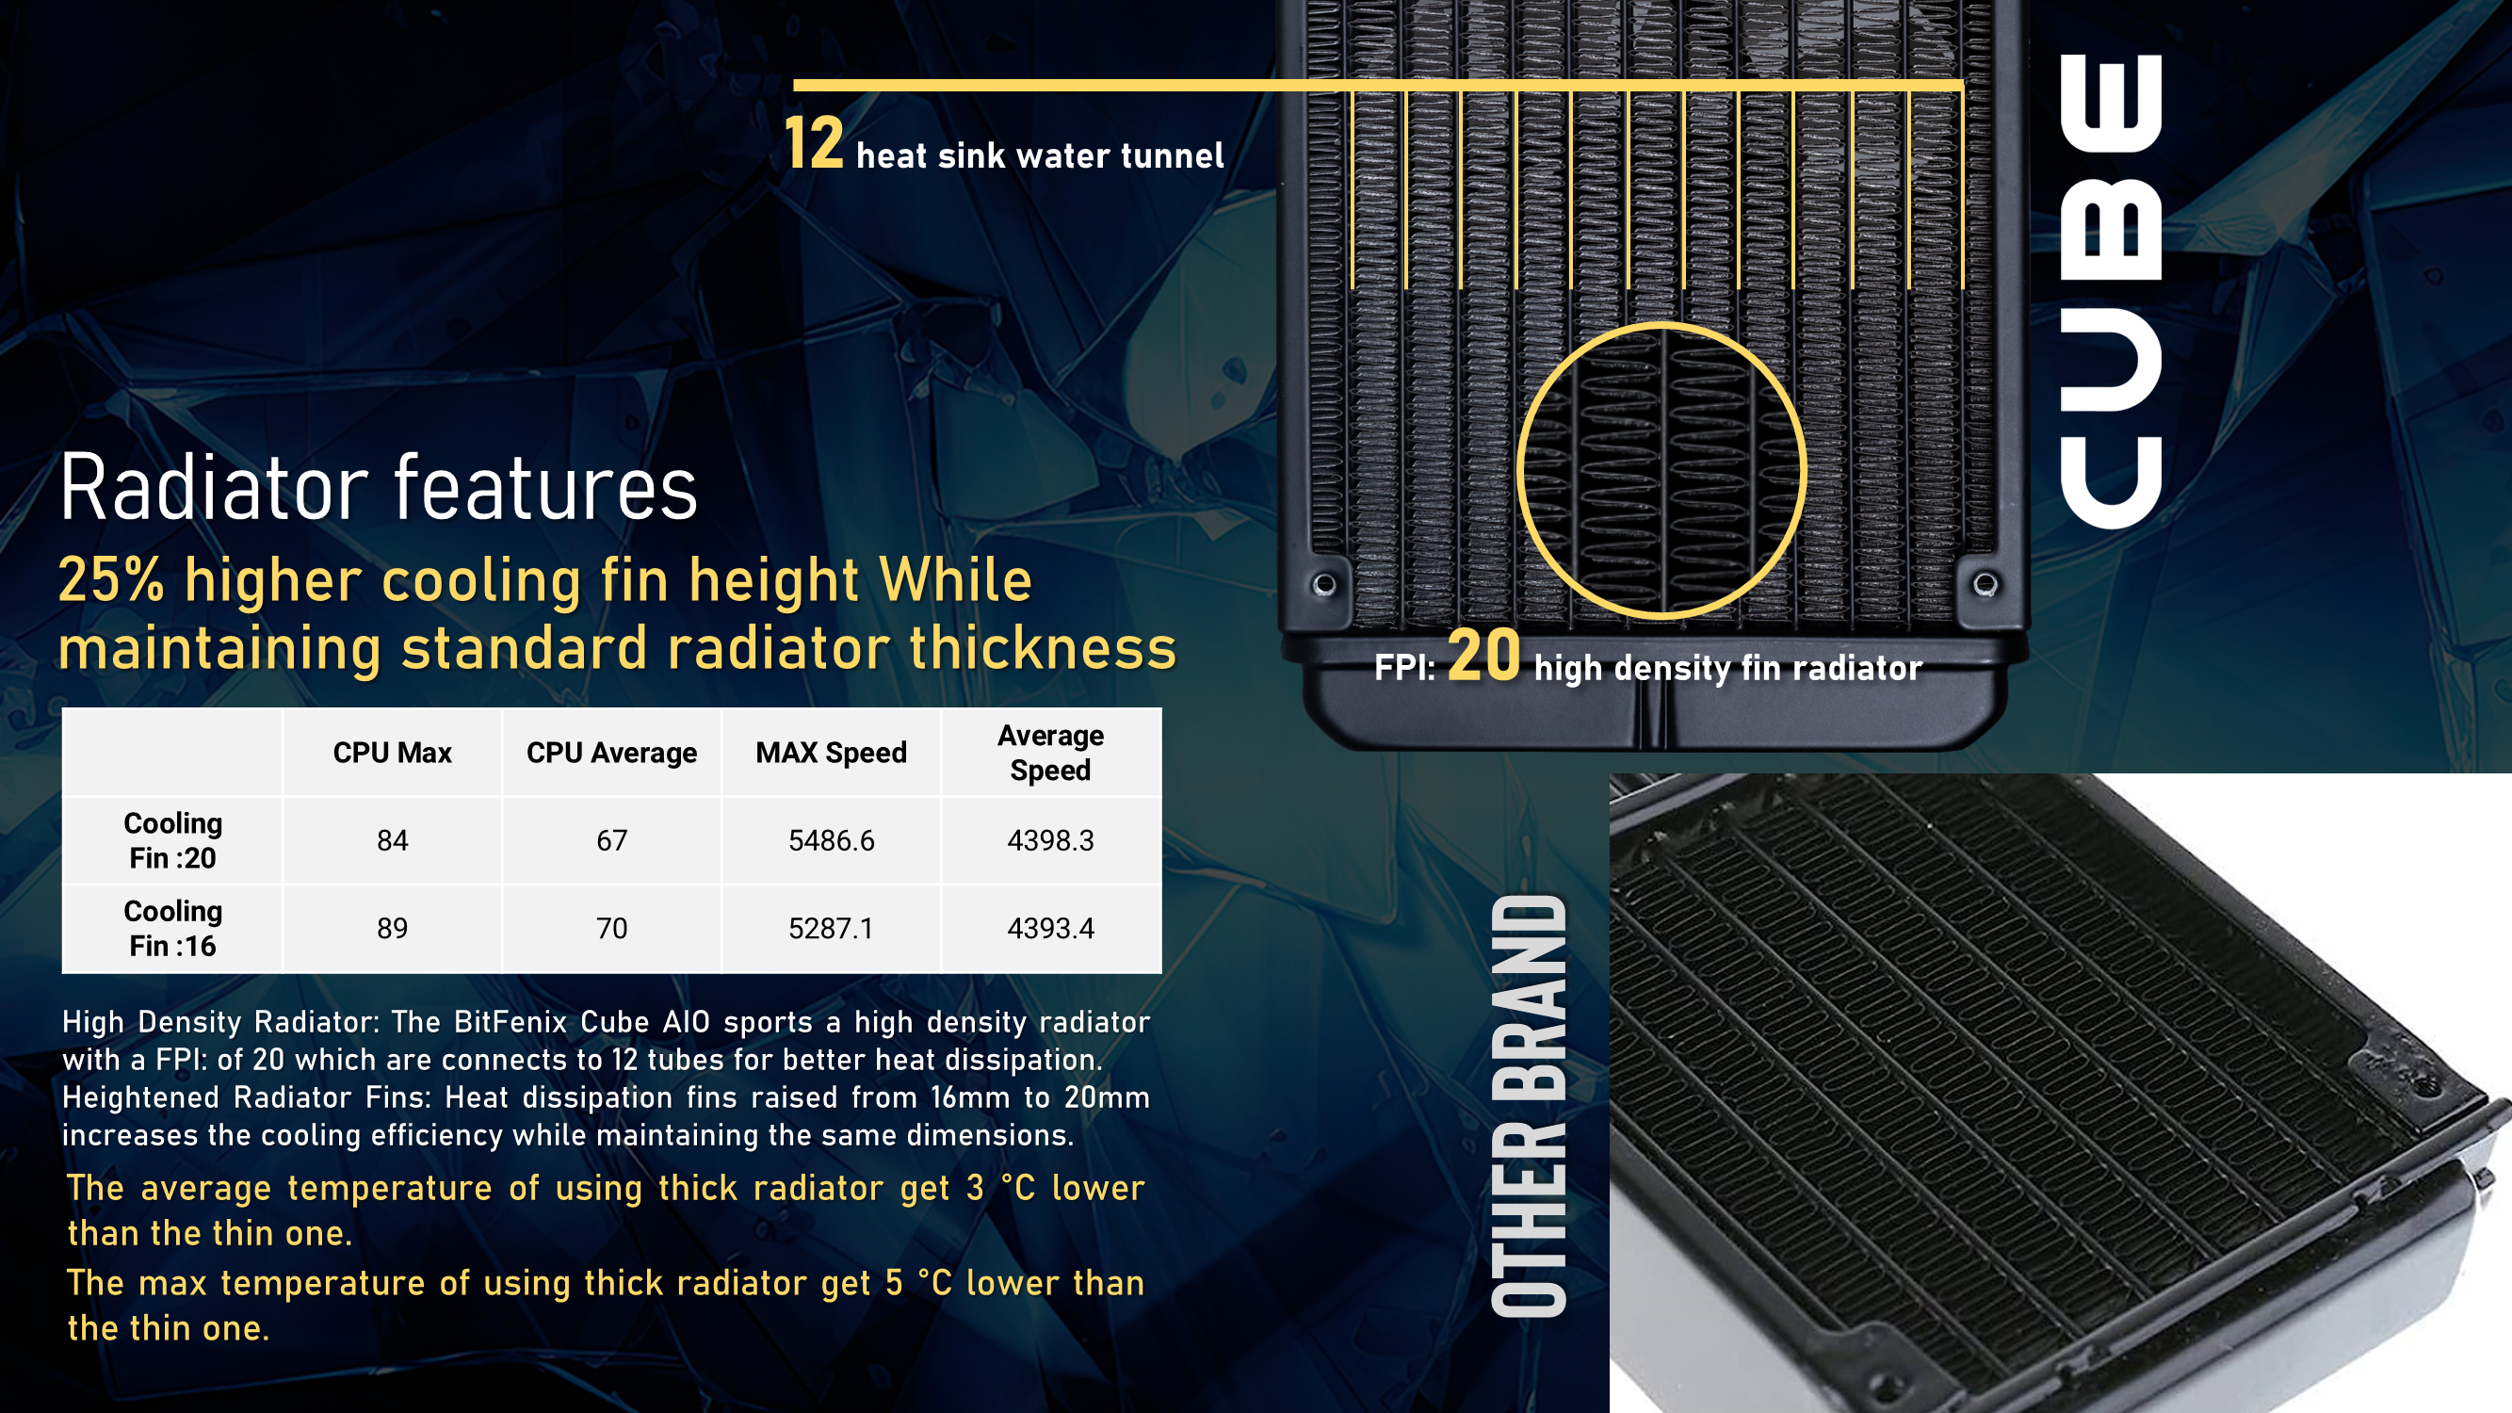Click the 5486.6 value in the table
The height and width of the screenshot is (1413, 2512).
(831, 840)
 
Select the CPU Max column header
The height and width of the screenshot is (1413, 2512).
(392, 753)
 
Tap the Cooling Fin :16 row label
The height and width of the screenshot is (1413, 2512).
(172, 929)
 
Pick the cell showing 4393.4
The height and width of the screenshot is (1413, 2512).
(1050, 929)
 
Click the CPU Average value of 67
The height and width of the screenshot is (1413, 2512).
(611, 840)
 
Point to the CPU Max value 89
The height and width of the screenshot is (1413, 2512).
(392, 929)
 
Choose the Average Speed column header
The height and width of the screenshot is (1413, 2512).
(1050, 753)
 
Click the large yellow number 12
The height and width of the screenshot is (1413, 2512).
(813, 142)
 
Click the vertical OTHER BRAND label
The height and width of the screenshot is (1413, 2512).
(1529, 1107)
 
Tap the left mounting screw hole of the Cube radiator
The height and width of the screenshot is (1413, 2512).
(1324, 584)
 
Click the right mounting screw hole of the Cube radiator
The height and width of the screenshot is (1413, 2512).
(1985, 584)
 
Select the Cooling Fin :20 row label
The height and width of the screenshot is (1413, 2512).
(172, 840)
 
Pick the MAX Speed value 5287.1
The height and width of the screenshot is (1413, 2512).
(831, 929)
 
